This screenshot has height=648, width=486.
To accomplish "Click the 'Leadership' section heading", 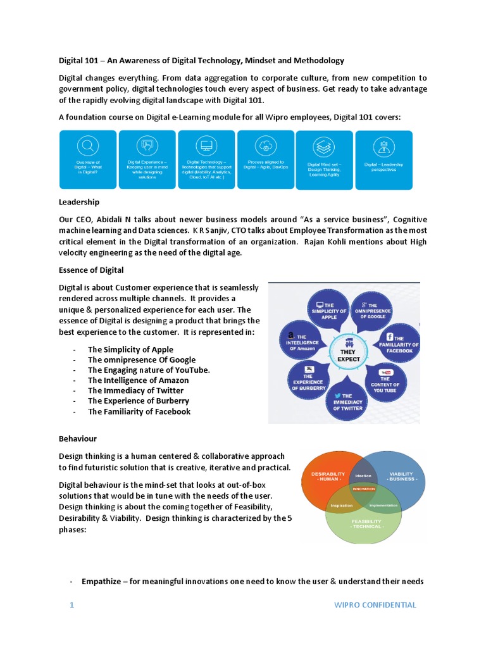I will point(79,202).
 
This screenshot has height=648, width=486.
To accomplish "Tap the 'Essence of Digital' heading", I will point(91,270).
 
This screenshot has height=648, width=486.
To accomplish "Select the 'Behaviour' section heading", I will point(78,438).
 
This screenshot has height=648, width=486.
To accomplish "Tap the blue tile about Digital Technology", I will point(206,159).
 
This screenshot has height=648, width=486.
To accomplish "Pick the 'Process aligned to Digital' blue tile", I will point(265,159).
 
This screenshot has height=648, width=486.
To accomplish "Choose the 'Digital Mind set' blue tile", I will point(324,159).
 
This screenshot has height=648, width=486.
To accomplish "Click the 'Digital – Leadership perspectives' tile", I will point(383,159).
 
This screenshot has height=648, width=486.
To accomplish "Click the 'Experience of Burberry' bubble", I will point(308,382).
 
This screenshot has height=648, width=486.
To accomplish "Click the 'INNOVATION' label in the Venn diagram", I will point(363,489).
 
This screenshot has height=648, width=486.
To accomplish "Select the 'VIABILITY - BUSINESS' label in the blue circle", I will point(401,477).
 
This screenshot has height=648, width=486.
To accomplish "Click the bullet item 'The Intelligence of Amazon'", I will point(138,380).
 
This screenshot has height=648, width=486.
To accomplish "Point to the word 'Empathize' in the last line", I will point(103,582).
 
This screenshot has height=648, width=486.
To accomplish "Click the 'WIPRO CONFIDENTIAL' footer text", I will point(375,605).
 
